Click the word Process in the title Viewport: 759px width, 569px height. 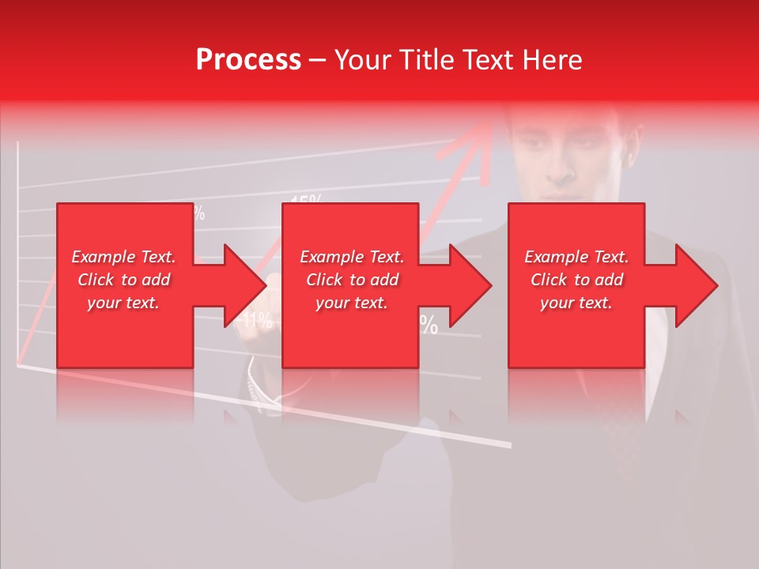coord(248,60)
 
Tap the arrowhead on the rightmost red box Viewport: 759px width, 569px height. coord(696,285)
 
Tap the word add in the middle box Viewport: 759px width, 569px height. coord(384,280)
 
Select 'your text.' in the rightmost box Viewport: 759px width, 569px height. coord(576,303)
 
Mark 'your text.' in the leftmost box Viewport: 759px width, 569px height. coord(123,303)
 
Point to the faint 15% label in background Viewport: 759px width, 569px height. coord(306,199)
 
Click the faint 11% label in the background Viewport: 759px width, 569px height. coord(259,321)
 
